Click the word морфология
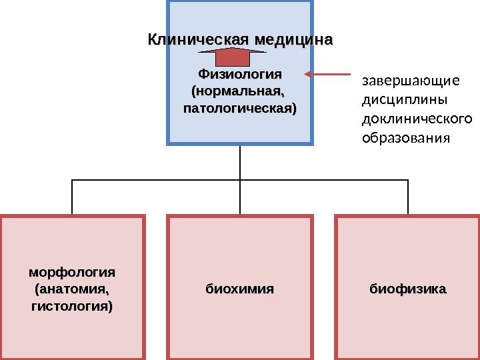[x=72, y=273]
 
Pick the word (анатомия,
[x=72, y=290]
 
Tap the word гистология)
[x=72, y=307]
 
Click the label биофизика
[x=407, y=290]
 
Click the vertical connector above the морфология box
[x=72, y=197]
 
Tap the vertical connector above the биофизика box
[x=407, y=197]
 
